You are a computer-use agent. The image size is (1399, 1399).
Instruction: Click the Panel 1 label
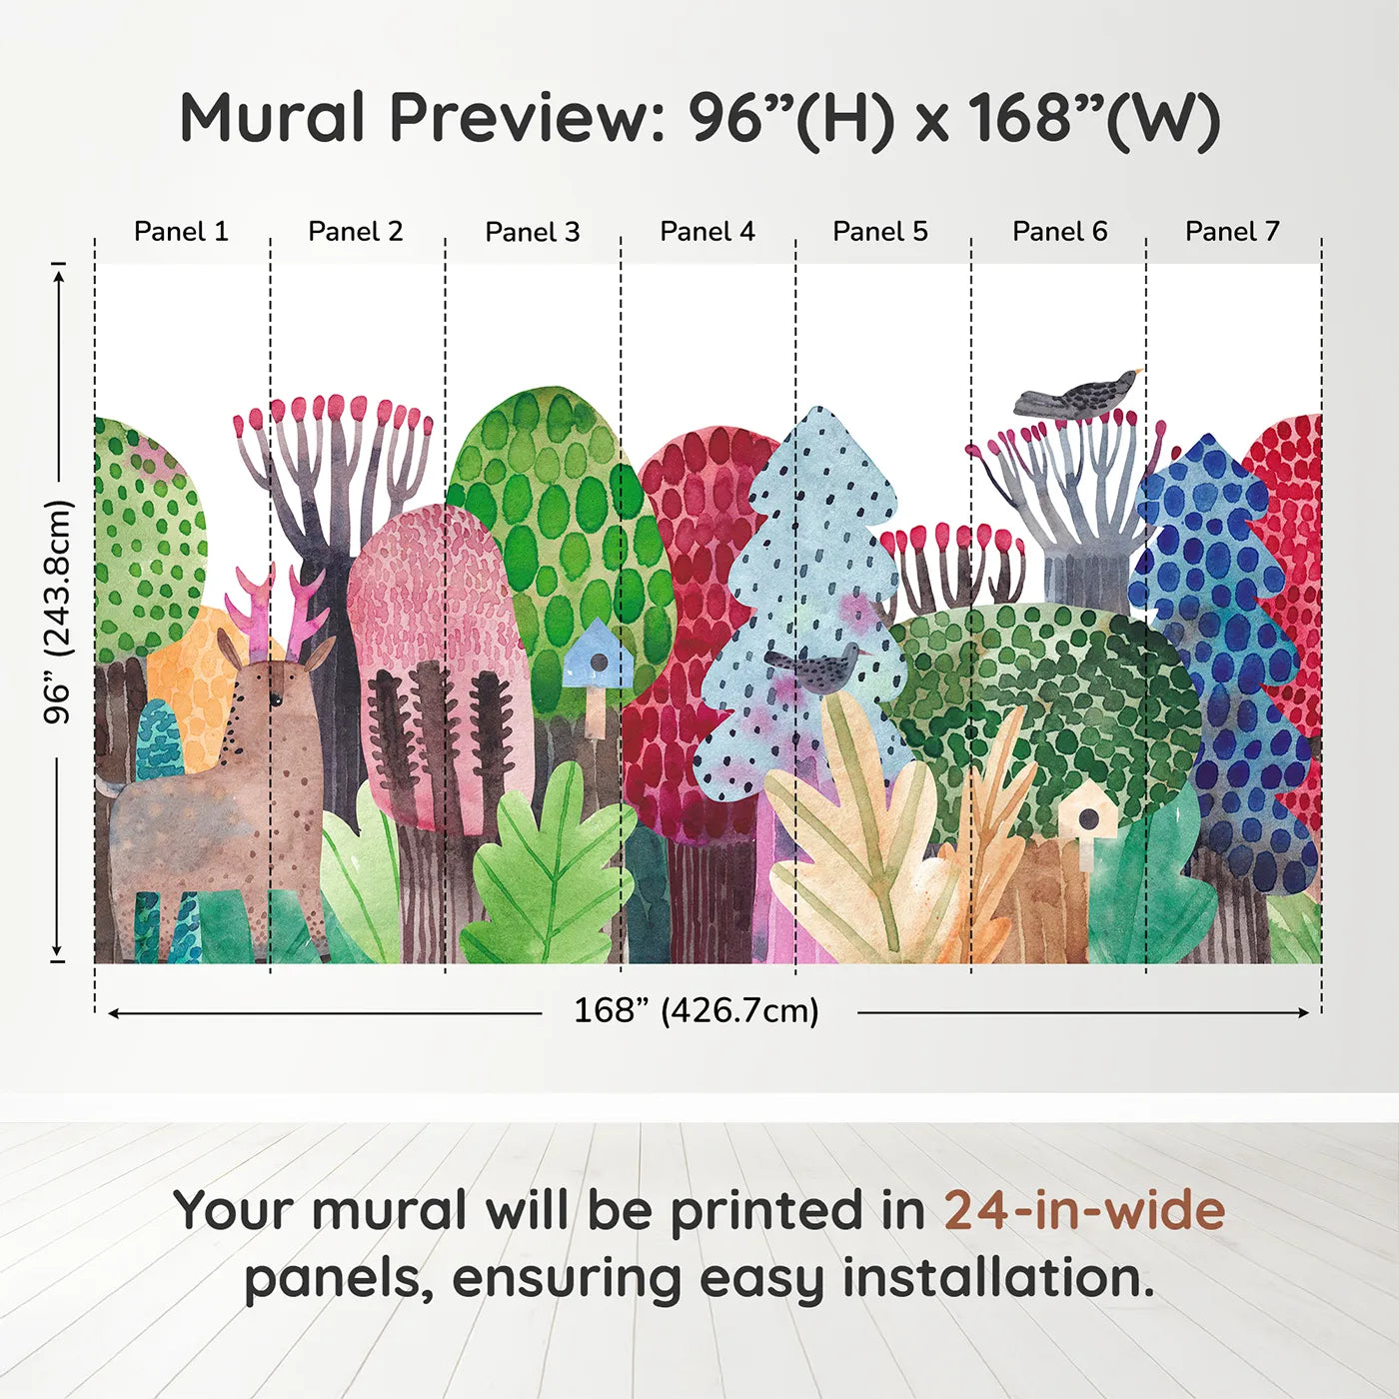point(181,232)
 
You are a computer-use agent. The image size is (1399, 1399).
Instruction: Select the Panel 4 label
point(707,232)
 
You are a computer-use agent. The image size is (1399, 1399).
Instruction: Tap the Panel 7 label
point(1232,232)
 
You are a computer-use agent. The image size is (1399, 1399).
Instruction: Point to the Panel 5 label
point(880,232)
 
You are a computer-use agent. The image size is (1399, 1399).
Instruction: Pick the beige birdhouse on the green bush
point(1087,814)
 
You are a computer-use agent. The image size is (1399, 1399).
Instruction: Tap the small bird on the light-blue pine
point(814,668)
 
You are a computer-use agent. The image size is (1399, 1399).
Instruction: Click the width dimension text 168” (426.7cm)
point(697,1011)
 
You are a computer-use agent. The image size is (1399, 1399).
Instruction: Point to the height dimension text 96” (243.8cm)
point(59,612)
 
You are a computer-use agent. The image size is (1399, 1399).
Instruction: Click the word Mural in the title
point(272,118)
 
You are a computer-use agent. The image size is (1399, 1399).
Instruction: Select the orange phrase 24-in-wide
point(1084,1211)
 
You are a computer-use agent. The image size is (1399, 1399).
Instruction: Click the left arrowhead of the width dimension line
point(113,1013)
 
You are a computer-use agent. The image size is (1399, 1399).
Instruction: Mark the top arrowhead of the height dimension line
point(59,273)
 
